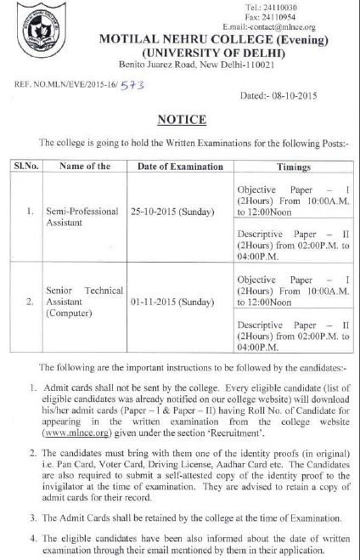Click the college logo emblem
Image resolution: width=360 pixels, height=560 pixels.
pyautogui.click(x=37, y=30)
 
